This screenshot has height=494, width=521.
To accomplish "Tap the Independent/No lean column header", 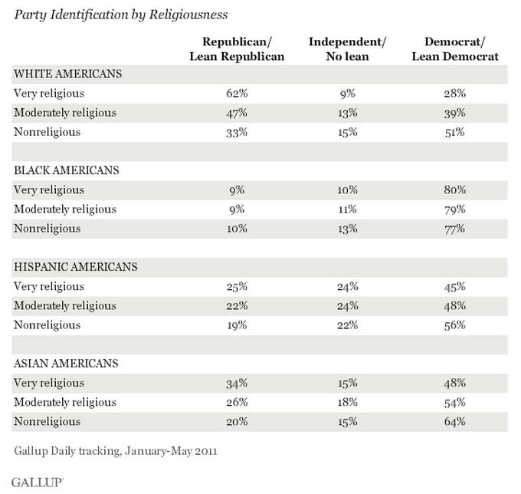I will (x=348, y=48).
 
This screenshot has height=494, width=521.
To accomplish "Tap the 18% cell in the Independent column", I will (x=348, y=403).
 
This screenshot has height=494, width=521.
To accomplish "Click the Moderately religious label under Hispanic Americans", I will (x=65, y=306).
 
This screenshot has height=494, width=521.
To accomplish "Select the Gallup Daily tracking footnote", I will (x=115, y=450).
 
